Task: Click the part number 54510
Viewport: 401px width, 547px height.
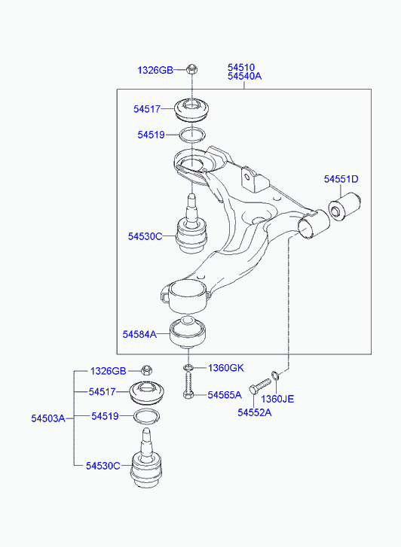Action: pos(241,67)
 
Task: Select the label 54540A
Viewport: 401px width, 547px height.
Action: pos(244,76)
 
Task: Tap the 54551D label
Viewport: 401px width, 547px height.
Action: pos(341,179)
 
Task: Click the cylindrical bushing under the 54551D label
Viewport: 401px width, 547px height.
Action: pos(344,206)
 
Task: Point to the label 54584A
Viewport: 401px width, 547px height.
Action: pos(139,334)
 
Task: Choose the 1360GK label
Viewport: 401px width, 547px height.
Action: pos(226,368)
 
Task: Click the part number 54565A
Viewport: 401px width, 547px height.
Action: pos(225,395)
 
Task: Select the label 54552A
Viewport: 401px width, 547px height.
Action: pos(255,412)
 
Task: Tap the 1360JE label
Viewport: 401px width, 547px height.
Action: pos(277,399)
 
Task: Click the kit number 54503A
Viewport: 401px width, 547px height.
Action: pos(48,418)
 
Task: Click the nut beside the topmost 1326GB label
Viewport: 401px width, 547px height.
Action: pos(191,69)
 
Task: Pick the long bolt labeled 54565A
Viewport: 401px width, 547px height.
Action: pos(188,384)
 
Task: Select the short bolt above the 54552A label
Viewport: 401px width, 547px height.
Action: pos(260,386)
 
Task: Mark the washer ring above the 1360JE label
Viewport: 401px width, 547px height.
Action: pos(275,375)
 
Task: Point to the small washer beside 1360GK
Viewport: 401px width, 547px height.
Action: pos(188,367)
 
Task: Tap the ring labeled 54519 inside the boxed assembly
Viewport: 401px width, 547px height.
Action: pos(192,135)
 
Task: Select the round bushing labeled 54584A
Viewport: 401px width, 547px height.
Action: pos(188,333)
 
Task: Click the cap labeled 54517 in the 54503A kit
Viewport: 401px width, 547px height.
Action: pos(147,394)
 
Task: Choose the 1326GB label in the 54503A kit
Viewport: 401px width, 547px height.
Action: pos(109,371)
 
